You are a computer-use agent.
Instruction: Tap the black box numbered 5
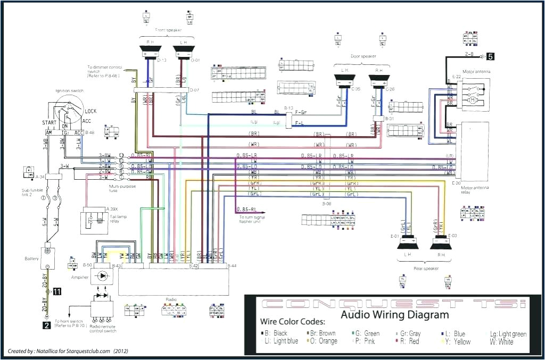click(490, 55)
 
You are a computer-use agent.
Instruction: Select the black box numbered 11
click(56, 291)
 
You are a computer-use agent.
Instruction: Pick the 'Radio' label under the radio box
click(170, 299)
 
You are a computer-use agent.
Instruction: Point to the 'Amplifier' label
click(79, 277)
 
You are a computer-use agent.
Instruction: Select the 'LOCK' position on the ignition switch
click(90, 111)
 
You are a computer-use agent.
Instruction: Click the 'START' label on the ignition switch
click(50, 123)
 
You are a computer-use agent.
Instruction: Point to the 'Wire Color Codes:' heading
click(292, 322)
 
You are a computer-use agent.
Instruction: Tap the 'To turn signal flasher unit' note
click(252, 219)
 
